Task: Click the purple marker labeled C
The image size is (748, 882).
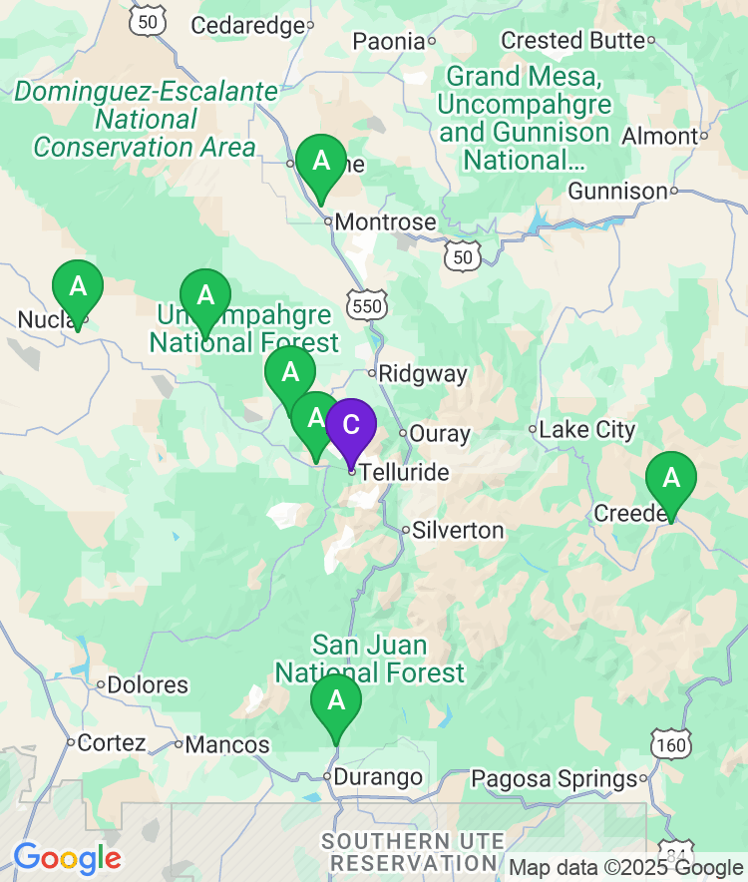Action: click(351, 425)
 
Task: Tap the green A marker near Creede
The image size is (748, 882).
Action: click(671, 479)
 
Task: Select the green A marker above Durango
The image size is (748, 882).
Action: click(336, 701)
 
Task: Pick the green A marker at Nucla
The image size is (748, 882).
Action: click(78, 287)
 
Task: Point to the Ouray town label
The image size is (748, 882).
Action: click(440, 434)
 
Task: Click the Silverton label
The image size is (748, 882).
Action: click(459, 530)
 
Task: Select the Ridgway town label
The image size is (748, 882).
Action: click(423, 374)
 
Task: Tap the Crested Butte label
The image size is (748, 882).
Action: click(572, 41)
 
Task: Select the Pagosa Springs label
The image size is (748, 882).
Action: click(554, 778)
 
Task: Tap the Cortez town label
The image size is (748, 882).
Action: click(112, 743)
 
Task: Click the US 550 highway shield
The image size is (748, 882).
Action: click(367, 304)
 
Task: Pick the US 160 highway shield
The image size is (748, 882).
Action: click(670, 744)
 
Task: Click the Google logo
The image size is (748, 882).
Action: click(67, 858)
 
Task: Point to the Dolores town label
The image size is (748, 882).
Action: click(148, 685)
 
